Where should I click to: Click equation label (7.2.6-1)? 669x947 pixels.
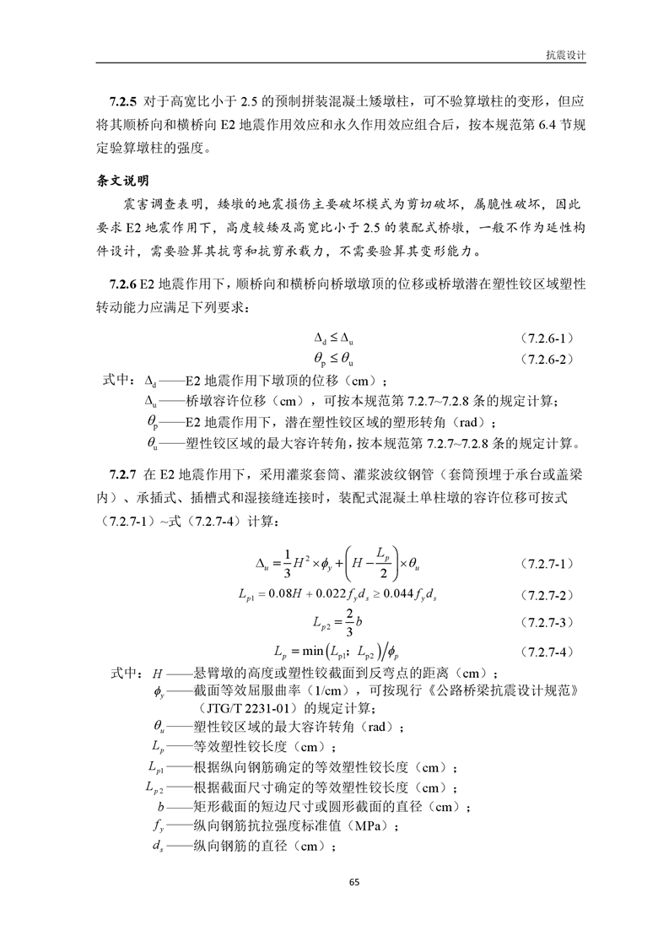coord(548,338)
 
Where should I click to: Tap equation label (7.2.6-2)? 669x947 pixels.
coord(548,360)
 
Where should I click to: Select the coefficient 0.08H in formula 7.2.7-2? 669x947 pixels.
coord(287,595)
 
